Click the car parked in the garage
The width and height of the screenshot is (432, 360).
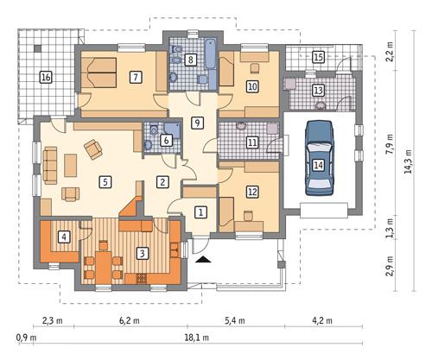(x=319, y=159)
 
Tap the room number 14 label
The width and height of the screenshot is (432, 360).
(x=319, y=164)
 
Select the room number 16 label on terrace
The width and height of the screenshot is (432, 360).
(x=46, y=78)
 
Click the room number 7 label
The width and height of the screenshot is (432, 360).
(x=136, y=77)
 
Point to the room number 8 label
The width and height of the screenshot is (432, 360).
(x=191, y=59)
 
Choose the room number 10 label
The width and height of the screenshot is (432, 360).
(x=252, y=86)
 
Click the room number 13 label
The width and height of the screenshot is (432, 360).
(x=318, y=90)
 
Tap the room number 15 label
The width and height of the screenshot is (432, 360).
(x=318, y=57)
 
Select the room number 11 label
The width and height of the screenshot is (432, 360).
(x=252, y=142)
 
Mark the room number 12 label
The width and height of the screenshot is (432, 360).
(x=252, y=192)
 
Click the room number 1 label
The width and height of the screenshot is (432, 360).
(x=200, y=212)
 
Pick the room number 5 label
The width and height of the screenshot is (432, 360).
(x=105, y=182)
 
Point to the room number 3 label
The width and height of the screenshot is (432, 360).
(x=142, y=253)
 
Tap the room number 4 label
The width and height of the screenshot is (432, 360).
(x=64, y=236)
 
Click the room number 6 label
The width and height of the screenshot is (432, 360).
(x=166, y=140)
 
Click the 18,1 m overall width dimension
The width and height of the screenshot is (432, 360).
(x=212, y=338)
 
